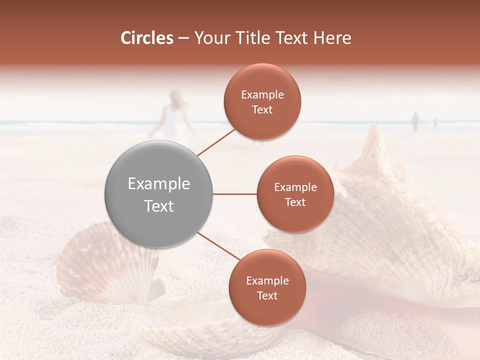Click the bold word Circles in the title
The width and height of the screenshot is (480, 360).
[x=147, y=38]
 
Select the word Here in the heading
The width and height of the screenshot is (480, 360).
[x=332, y=38]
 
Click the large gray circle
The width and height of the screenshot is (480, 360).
[x=158, y=194]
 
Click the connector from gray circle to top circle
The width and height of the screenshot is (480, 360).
[x=216, y=141]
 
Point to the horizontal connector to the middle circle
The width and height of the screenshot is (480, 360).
[x=234, y=194]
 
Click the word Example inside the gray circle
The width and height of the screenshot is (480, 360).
[x=158, y=184]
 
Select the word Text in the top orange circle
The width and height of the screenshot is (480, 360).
[x=262, y=110]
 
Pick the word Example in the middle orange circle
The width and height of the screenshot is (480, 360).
[x=295, y=187]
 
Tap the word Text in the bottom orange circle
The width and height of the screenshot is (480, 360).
[x=267, y=296]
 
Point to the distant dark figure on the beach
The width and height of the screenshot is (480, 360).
[x=414, y=121]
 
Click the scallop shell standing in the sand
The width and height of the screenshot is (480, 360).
[x=107, y=265]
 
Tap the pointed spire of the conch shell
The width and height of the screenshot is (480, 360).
[x=372, y=142]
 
